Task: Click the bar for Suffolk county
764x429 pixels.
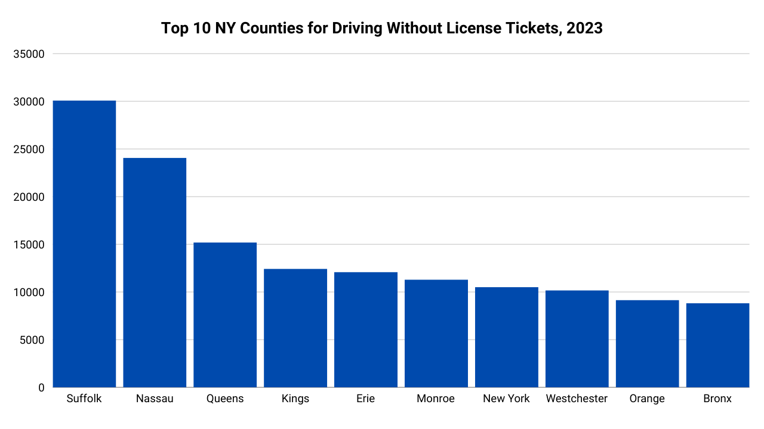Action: point(84,244)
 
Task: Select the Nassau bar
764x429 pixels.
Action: point(155,273)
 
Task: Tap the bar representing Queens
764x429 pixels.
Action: point(225,315)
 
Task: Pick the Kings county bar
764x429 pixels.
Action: point(295,328)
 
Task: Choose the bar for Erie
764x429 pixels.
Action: point(366,329)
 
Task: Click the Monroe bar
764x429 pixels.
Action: point(436,334)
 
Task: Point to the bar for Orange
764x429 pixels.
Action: point(648,344)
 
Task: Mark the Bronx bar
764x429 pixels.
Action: point(717,346)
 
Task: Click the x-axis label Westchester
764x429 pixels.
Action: point(577,399)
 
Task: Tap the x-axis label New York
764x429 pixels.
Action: point(506,399)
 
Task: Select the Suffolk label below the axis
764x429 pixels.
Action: point(84,399)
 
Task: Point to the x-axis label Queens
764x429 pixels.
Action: point(225,399)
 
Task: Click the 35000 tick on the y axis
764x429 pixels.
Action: point(29,54)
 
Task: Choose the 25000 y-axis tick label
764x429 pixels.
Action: point(29,150)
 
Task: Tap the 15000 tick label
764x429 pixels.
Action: point(29,245)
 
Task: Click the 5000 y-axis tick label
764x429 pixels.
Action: point(32,340)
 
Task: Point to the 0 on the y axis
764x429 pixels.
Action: point(41,388)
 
